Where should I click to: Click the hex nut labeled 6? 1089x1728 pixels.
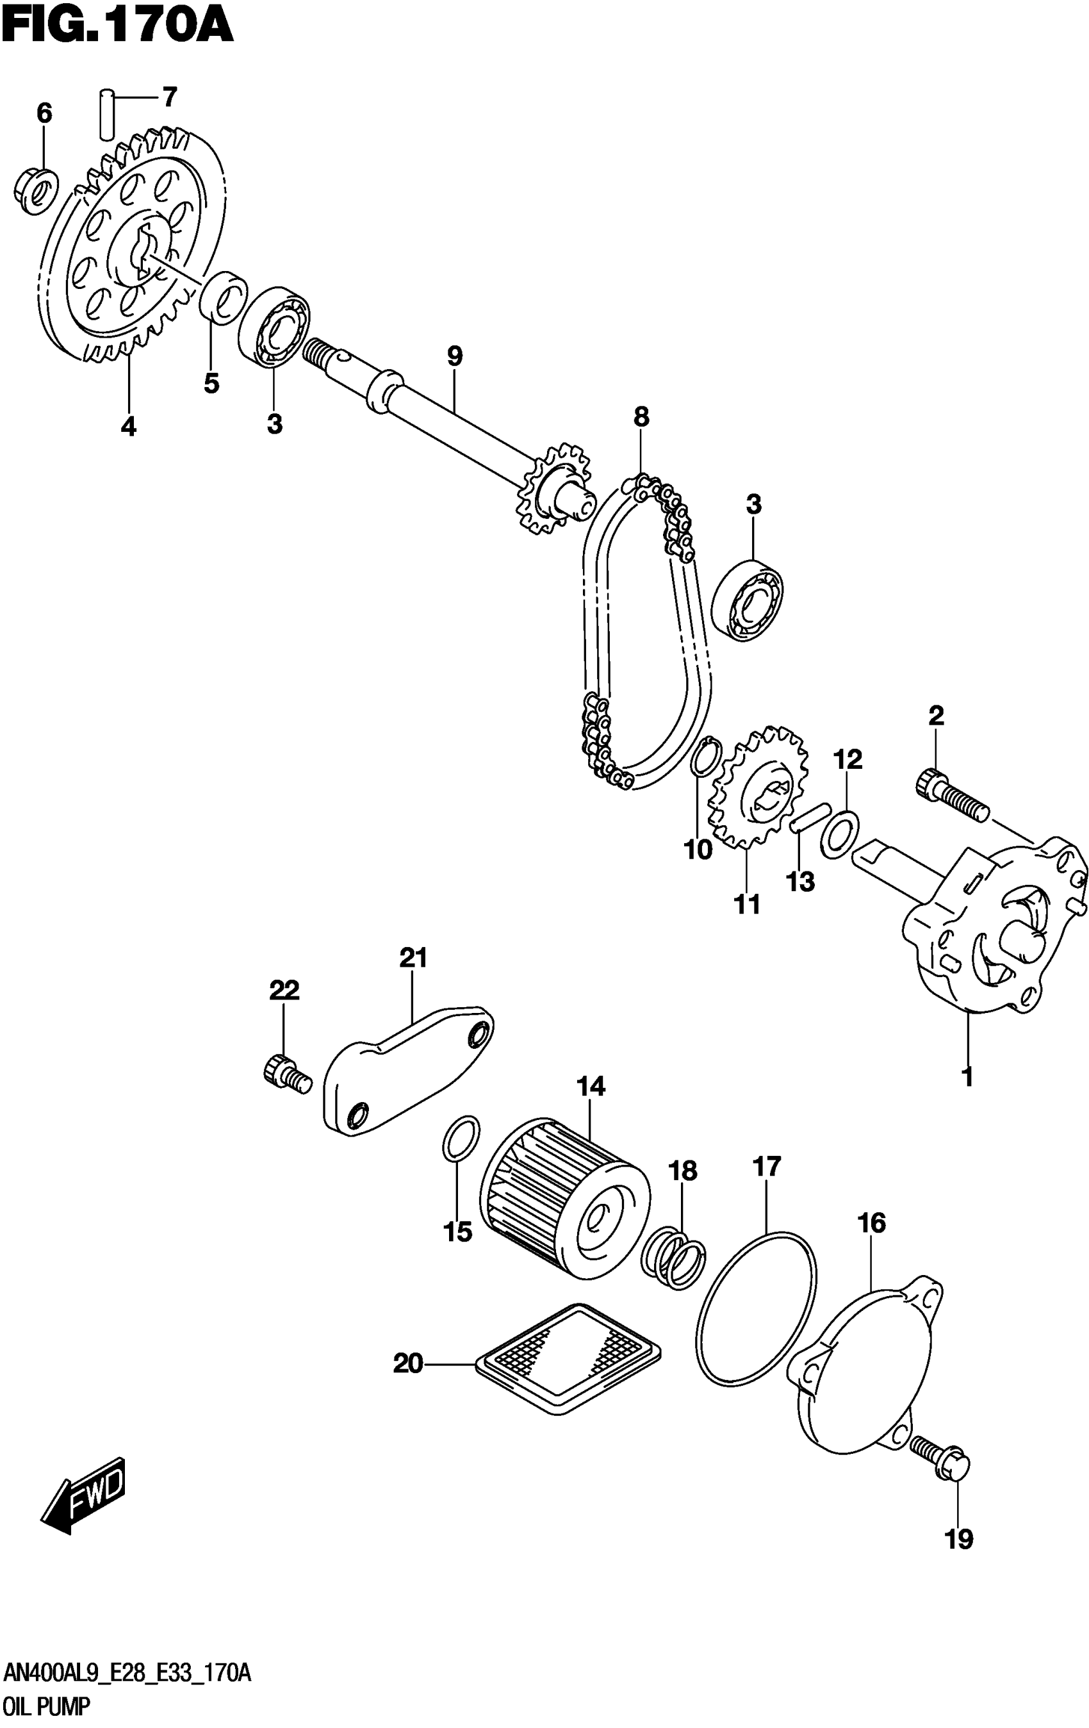click(34, 191)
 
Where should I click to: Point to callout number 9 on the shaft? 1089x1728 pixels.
click(454, 357)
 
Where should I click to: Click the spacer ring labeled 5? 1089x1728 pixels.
click(223, 297)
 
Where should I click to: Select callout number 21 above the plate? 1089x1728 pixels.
click(413, 958)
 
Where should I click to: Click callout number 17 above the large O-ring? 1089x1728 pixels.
click(766, 1167)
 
